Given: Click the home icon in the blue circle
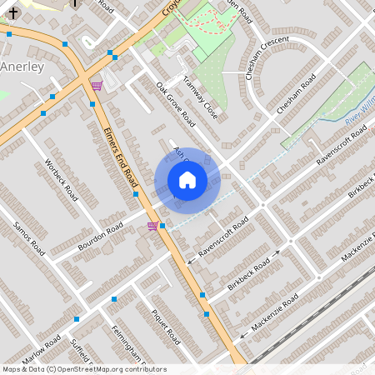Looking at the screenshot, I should tap(187, 180).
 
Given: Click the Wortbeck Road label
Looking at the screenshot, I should tap(60, 181).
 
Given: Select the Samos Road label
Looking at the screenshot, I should tap(28, 235).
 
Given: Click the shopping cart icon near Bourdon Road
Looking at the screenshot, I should tap(152, 225).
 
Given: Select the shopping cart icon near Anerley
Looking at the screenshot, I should tap(97, 85).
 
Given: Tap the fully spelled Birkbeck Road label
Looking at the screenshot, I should tap(248, 275).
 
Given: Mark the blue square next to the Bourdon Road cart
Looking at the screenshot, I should tap(162, 226).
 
